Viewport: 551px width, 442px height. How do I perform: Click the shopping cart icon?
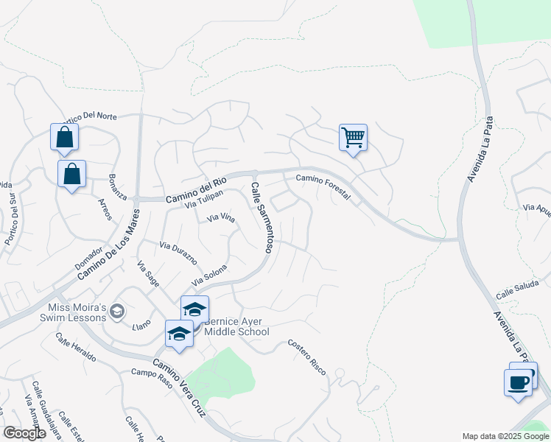[353, 137]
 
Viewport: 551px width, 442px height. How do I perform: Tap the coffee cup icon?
[518, 383]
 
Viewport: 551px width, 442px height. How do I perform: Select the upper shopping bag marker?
[64, 137]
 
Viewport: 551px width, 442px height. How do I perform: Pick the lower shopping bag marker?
[71, 174]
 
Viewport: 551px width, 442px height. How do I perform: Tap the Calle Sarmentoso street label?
[262, 217]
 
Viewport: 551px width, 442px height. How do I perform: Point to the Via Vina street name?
[221, 218]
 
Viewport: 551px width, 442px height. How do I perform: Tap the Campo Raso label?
[152, 373]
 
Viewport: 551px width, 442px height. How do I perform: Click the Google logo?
[24, 433]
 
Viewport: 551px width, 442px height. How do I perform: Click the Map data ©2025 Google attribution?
[505, 436]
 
